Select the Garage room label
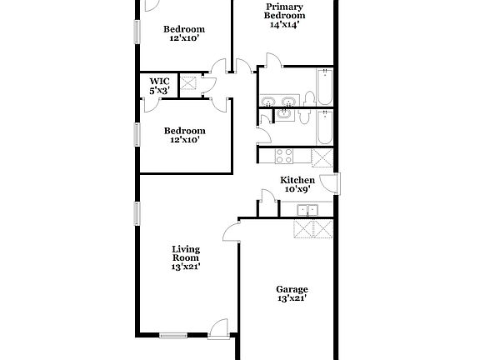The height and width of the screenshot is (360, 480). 291,290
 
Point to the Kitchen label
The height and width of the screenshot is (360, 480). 297,180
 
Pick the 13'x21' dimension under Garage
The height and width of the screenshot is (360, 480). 291,298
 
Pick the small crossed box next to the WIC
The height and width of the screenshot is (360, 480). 188,83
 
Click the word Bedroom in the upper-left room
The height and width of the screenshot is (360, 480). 184,29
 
